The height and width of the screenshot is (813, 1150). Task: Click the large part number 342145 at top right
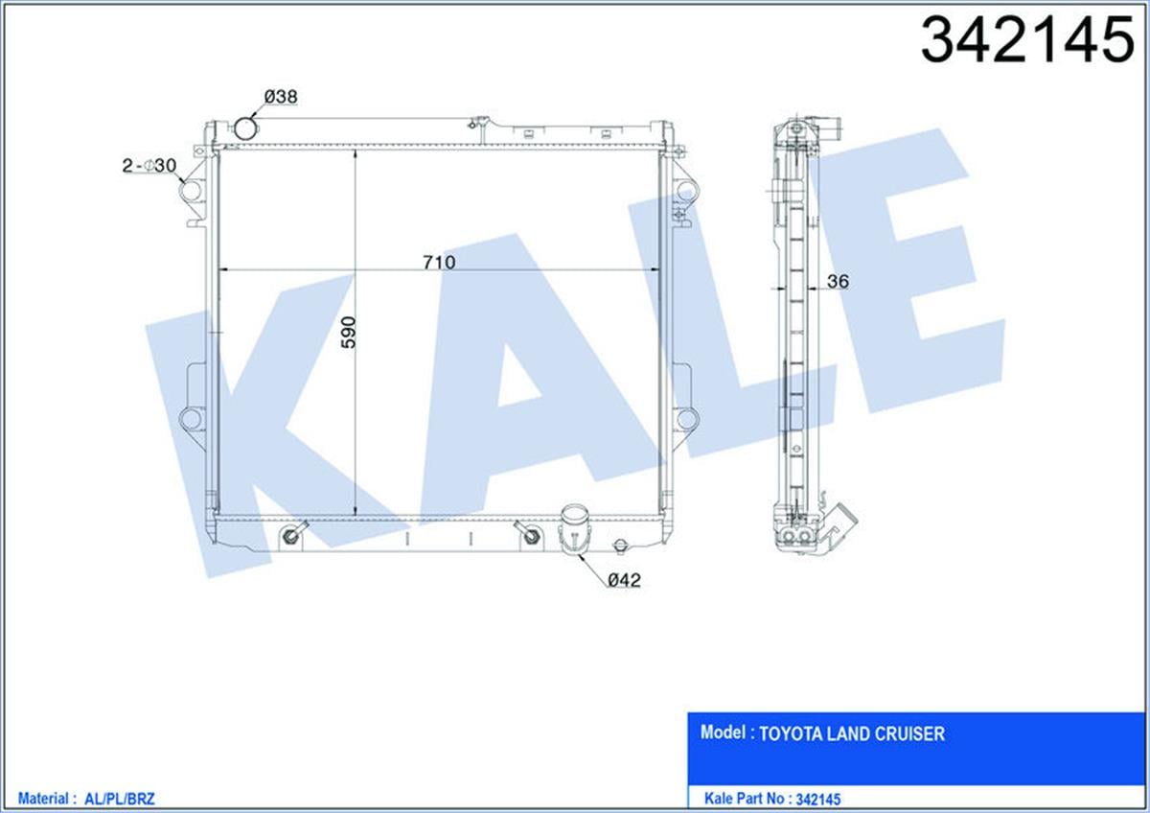(1027, 39)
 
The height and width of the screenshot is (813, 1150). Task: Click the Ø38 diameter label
(281, 97)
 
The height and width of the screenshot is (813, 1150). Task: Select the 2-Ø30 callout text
(149, 165)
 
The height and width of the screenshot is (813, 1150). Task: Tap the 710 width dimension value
(439, 263)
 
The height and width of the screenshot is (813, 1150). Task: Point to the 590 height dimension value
(349, 333)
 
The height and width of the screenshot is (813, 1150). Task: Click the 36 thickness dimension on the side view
(838, 281)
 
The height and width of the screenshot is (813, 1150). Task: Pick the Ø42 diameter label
(624, 580)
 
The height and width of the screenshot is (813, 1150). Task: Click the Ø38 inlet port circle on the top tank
(246, 128)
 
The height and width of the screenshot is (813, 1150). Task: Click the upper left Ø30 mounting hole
(191, 191)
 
